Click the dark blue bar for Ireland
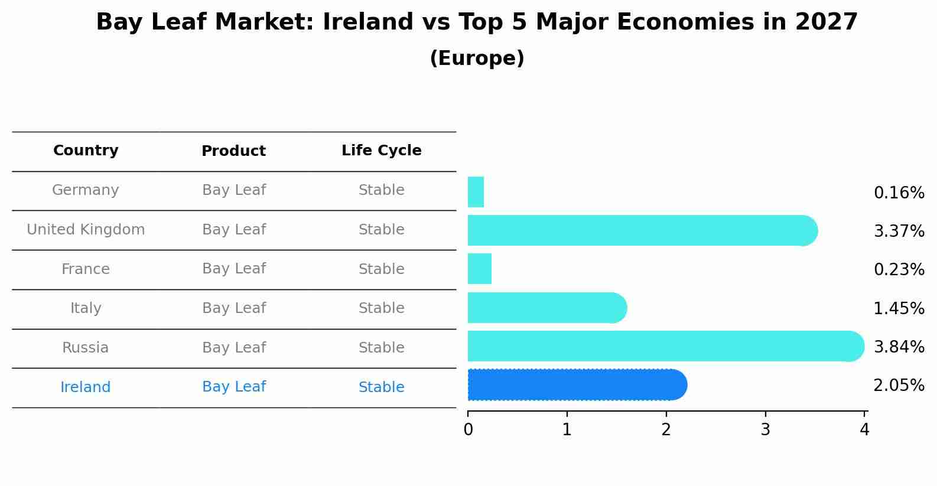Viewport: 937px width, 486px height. click(577, 385)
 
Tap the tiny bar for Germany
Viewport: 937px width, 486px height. click(476, 192)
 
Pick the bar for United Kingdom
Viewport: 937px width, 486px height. click(642, 230)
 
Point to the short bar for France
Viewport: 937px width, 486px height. click(479, 269)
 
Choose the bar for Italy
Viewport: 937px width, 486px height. click(546, 308)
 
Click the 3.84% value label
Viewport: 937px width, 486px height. click(899, 347)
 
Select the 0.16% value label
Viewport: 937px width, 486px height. click(899, 193)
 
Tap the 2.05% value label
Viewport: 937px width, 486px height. click(899, 386)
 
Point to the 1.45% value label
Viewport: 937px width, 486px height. click(899, 308)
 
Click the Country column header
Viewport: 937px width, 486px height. click(86, 151)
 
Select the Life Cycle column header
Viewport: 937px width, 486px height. click(381, 151)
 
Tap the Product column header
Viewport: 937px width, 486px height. click(233, 151)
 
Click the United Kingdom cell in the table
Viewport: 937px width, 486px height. click(86, 230)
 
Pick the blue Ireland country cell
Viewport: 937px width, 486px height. click(86, 387)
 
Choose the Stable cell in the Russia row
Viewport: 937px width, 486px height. click(381, 348)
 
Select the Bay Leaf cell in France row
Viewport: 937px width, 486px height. click(233, 269)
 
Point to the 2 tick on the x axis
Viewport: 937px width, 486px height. click(666, 429)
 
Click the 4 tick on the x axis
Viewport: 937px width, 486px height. click(864, 429)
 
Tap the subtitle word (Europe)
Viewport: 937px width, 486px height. click(477, 58)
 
